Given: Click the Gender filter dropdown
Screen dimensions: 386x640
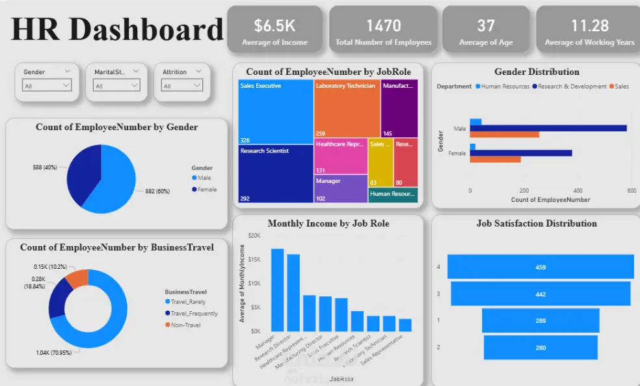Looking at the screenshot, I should click(47, 85).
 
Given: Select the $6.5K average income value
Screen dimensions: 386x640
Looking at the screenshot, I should click(274, 26).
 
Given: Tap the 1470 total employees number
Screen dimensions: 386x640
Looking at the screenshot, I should click(383, 26).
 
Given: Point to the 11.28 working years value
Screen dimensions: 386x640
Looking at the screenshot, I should click(589, 26).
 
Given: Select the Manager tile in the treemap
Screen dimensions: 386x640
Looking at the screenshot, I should click(341, 189).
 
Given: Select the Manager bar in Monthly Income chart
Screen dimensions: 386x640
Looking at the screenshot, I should click(278, 290).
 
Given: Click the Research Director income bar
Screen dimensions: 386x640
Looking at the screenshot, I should click(293, 292).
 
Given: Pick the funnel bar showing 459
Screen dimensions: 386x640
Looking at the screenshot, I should click(540, 267).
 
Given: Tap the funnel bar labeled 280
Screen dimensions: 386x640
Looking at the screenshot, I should click(540, 348).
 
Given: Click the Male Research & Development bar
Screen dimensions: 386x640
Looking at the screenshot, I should click(548, 128).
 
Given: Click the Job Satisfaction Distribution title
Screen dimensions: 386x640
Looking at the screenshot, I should click(536, 223).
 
